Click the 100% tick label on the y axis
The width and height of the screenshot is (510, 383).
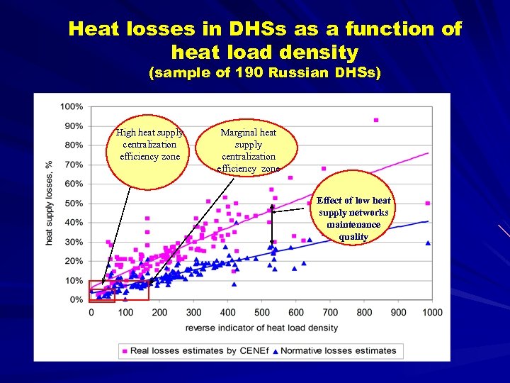(x=72, y=107)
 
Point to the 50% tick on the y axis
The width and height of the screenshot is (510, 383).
(x=74, y=204)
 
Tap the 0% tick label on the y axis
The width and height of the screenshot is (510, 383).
(x=76, y=300)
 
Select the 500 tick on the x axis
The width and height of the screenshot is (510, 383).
(x=261, y=312)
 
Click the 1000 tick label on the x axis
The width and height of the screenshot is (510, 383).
(x=431, y=312)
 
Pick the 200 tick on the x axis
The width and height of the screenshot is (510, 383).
(x=159, y=312)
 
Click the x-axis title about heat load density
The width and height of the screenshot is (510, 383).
(x=261, y=328)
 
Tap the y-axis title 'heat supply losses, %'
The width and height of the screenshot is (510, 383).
(x=50, y=203)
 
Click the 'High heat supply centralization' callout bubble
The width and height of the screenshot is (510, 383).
(x=149, y=144)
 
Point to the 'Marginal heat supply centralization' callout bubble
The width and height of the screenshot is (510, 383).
(x=249, y=150)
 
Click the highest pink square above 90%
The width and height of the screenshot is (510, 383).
(x=376, y=120)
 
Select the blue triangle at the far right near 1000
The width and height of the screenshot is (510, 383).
(x=428, y=243)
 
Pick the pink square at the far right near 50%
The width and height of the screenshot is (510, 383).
(x=428, y=204)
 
